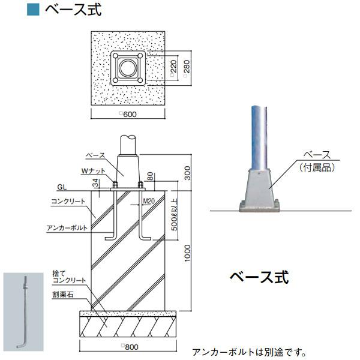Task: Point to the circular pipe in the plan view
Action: (x=127, y=69)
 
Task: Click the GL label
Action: (x=62, y=187)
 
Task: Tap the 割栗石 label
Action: (x=63, y=295)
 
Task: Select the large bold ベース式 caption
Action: (x=259, y=277)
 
